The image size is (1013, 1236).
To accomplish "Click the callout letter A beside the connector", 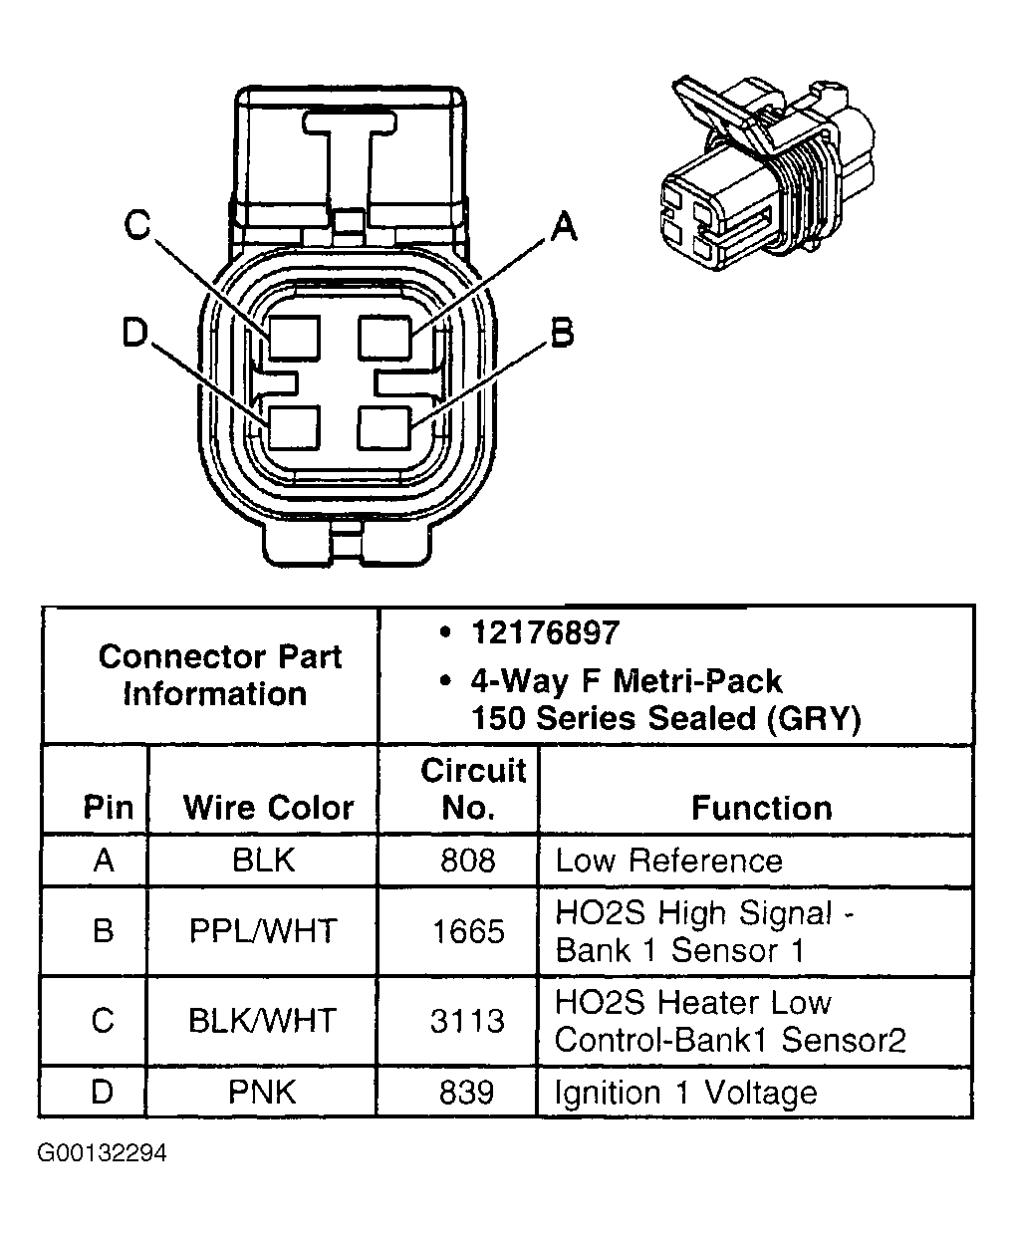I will pyautogui.click(x=563, y=227).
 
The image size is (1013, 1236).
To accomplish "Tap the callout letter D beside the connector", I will pyautogui.click(x=136, y=334).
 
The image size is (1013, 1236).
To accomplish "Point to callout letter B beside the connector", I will pyautogui.click(x=562, y=334).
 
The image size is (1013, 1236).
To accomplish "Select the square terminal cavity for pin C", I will pyautogui.click(x=294, y=338).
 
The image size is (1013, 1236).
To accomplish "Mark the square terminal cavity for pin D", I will pyautogui.click(x=294, y=428).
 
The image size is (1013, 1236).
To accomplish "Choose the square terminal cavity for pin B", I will pyautogui.click(x=385, y=428).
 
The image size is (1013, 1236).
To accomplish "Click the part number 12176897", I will pyautogui.click(x=545, y=633).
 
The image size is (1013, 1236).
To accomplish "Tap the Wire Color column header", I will pyautogui.click(x=268, y=807).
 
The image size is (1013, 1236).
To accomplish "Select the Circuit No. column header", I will pyautogui.click(x=472, y=788).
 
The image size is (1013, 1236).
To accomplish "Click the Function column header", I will pyautogui.click(x=761, y=807).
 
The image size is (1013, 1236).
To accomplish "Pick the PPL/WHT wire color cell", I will pyautogui.click(x=263, y=931).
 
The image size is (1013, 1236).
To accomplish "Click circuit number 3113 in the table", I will pyautogui.click(x=467, y=1021).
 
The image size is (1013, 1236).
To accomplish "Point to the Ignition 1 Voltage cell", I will pyautogui.click(x=685, y=1093).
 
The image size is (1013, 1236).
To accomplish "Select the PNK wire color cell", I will pyautogui.click(x=262, y=1092).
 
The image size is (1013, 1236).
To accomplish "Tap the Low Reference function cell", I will pyautogui.click(x=668, y=861).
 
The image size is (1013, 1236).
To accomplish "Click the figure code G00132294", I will pyautogui.click(x=103, y=1153).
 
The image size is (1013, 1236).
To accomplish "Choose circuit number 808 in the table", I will pyautogui.click(x=467, y=861).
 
